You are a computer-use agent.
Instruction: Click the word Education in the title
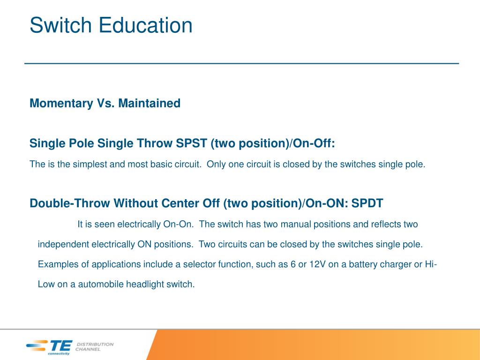(x=145, y=25)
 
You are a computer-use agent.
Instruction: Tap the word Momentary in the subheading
(x=61, y=104)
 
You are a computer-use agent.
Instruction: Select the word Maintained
(x=150, y=103)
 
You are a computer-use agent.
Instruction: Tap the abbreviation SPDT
(x=367, y=203)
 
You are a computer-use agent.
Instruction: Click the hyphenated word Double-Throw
(x=69, y=203)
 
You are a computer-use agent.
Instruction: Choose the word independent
(x=63, y=245)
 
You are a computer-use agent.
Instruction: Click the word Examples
(x=58, y=264)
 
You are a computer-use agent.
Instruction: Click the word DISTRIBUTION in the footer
(x=95, y=344)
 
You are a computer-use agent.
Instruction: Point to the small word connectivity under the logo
(x=59, y=353)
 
